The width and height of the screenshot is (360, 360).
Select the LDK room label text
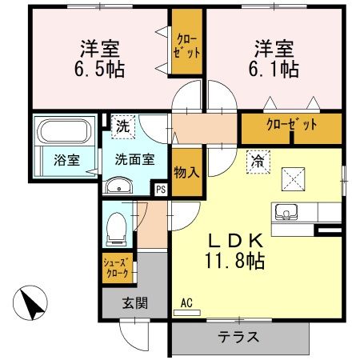coord(237,239)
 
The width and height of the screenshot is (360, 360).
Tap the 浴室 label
coord(66,159)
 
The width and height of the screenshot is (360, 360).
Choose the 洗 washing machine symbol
coord(126,126)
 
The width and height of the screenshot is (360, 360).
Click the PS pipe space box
coord(161,190)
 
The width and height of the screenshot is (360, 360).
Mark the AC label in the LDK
coord(187,303)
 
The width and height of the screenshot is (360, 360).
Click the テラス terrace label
coord(238,337)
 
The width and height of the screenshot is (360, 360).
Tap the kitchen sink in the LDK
coord(286,212)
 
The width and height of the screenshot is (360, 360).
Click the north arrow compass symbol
coord(30,306)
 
